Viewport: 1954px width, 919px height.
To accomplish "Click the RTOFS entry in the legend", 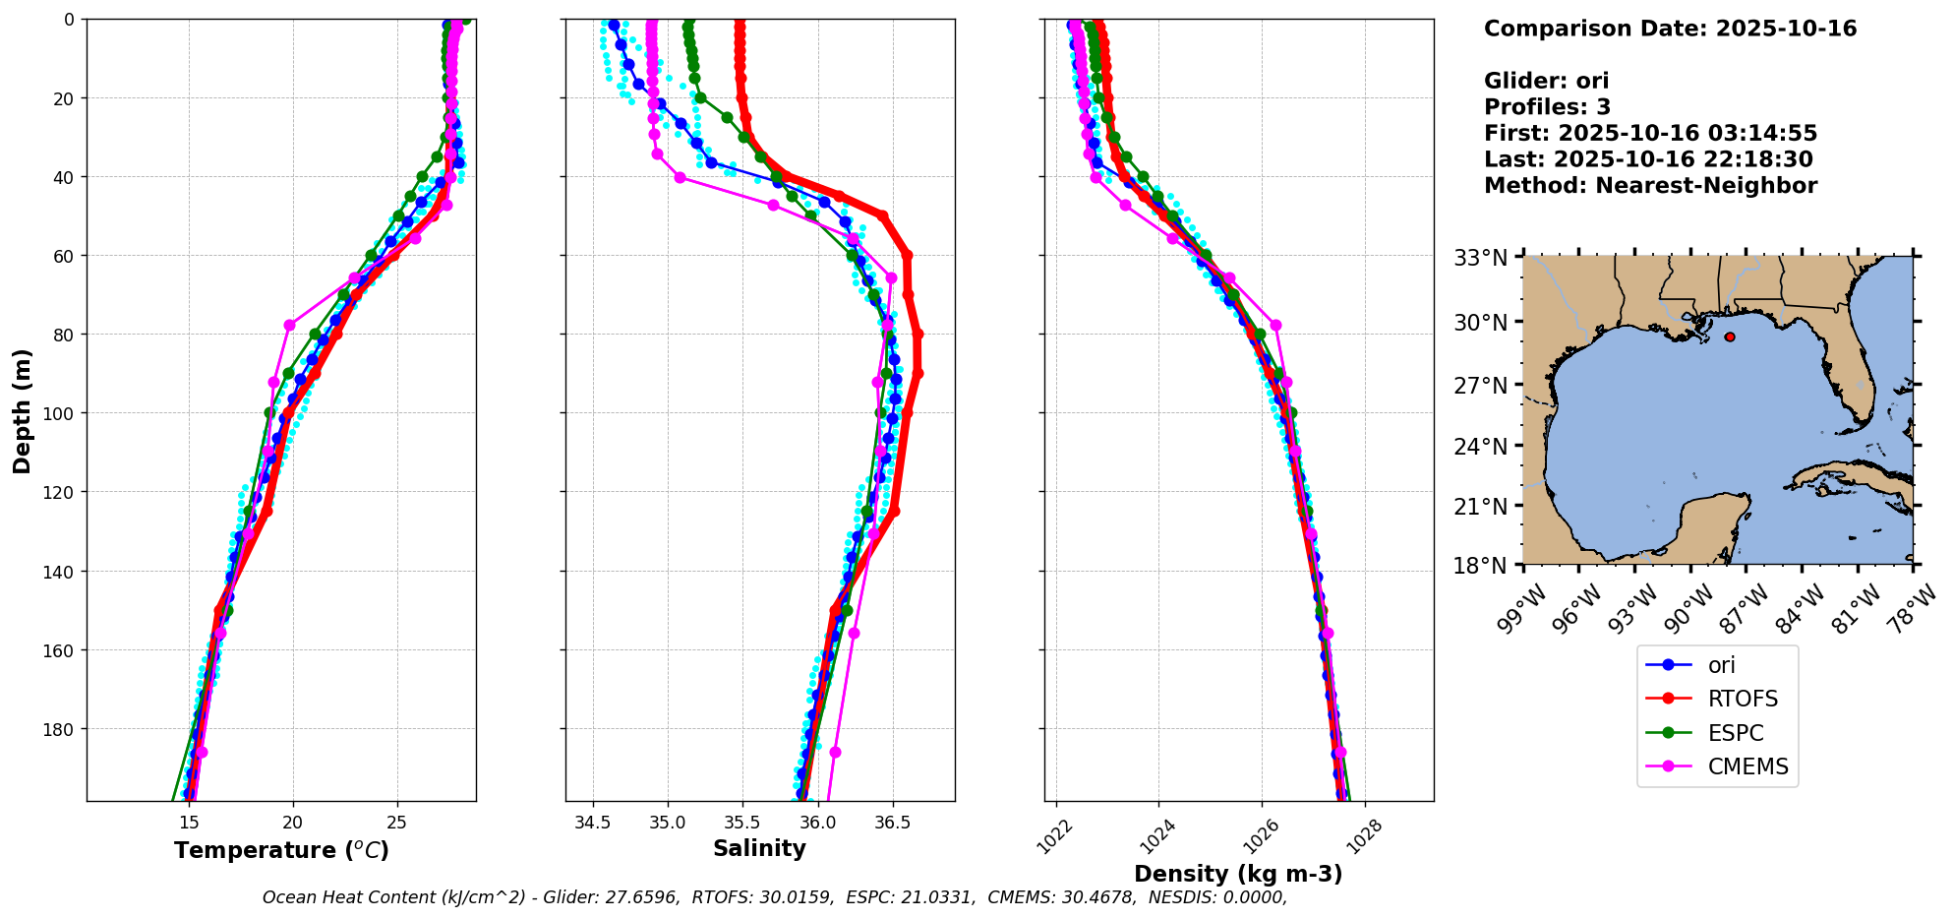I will (1743, 700).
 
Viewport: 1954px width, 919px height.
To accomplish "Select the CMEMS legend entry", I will (1747, 767).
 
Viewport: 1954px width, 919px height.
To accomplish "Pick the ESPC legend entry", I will (1735, 734).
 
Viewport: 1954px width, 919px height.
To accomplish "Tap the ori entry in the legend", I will (1721, 666).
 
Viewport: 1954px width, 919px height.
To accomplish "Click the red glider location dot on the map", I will (1730, 337).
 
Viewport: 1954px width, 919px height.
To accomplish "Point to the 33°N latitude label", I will (1481, 259).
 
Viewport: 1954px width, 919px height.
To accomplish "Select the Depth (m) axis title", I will (22, 410).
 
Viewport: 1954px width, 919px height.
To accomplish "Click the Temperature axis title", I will (281, 851).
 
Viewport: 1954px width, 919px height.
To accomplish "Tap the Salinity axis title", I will (759, 849).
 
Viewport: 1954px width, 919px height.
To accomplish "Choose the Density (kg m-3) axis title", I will (1238, 874).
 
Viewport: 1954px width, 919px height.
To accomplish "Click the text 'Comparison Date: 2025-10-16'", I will (1670, 29).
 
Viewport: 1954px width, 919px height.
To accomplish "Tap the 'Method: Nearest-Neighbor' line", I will (1650, 186).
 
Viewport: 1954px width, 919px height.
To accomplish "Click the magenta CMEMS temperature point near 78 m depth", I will (289, 325).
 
